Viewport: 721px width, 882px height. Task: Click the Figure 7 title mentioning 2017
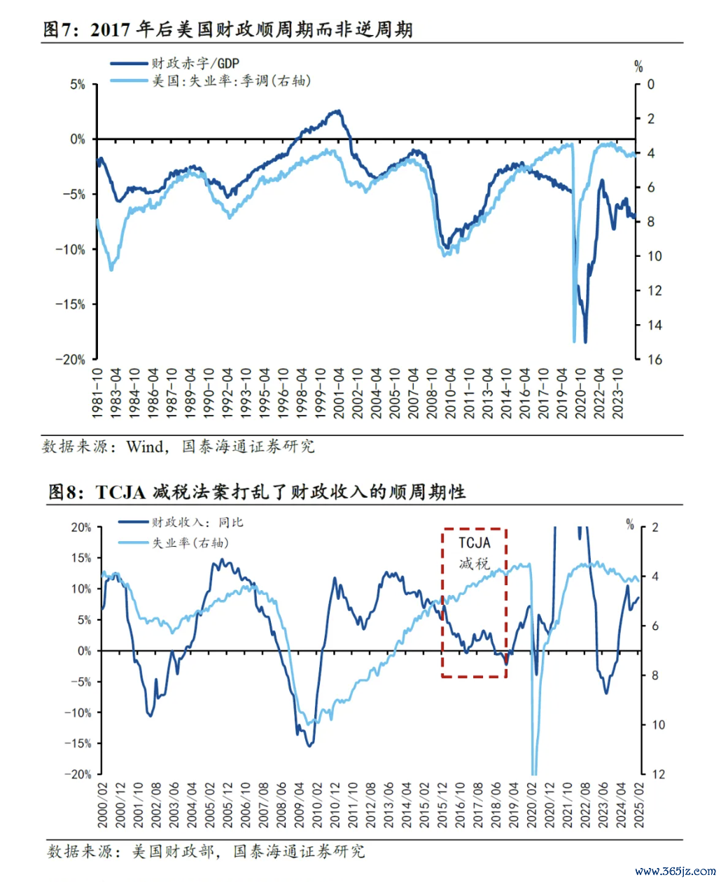click(227, 29)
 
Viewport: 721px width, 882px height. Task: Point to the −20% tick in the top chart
click(71, 359)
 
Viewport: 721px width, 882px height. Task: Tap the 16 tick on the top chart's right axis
click(654, 359)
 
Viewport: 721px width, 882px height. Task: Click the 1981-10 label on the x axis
click(97, 393)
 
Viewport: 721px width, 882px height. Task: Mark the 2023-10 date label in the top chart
click(617, 393)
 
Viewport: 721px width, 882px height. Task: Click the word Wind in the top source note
click(146, 447)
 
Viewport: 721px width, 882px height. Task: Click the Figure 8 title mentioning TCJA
click(256, 492)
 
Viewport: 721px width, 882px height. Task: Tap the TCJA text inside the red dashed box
click(475, 542)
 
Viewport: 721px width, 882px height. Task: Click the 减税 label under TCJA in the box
click(475, 563)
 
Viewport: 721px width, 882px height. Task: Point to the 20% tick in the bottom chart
click(80, 527)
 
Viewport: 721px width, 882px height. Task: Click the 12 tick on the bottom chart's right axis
click(658, 774)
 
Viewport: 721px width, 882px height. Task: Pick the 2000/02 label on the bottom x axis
click(103, 805)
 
